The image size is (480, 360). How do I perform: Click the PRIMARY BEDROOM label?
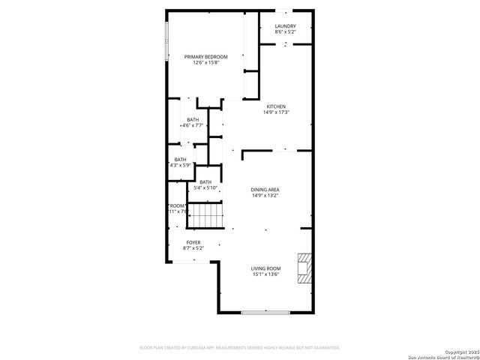click(x=206, y=56)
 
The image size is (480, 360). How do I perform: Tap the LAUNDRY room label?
click(x=285, y=26)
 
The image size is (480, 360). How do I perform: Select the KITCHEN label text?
click(x=276, y=106)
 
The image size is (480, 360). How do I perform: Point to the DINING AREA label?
click(x=265, y=189)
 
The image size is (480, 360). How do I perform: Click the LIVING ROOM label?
click(x=266, y=268)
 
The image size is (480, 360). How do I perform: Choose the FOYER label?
click(x=193, y=243)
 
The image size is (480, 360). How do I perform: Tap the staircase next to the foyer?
click(x=205, y=217)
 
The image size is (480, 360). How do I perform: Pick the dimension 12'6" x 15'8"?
click(x=205, y=63)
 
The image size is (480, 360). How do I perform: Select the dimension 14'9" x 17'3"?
click(x=276, y=112)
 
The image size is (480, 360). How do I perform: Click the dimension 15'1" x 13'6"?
click(x=266, y=274)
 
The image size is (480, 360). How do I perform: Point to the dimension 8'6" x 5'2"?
click(x=285, y=32)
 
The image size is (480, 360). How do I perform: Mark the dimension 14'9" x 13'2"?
click(x=265, y=195)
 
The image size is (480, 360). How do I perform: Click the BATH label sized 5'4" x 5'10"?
click(x=205, y=181)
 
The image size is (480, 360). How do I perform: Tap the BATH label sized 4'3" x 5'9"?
click(x=180, y=159)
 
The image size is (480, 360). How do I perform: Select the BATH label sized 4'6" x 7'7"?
click(x=193, y=120)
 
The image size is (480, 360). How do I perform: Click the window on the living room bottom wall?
click(x=267, y=312)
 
